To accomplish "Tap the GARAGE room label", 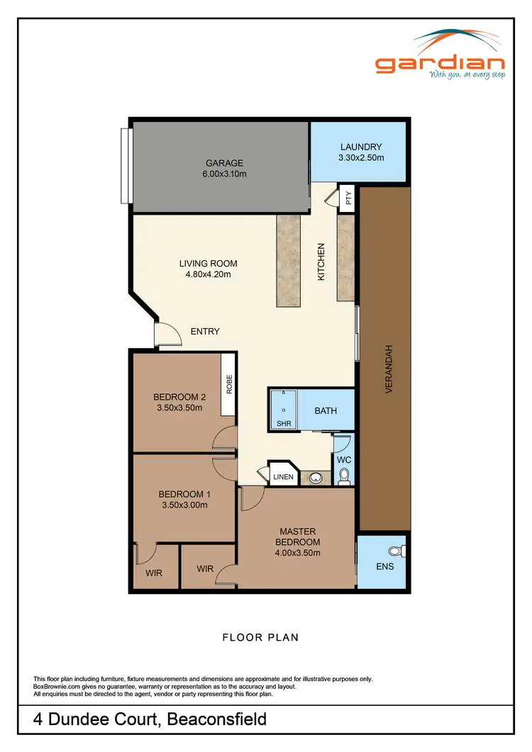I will pos(224,163).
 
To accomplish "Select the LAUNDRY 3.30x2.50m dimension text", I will pos(361,157).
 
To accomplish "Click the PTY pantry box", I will pos(348,198).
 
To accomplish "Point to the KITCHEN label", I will pos(321,262).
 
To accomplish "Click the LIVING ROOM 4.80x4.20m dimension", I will pos(208,274).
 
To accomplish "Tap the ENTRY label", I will pos(205,331).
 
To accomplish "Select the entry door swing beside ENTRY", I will pos(167,333).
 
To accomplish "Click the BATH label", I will pos(326,410).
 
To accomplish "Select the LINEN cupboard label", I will pos(283,477).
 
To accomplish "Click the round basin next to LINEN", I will pos(316,478).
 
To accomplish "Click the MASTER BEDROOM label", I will pos(297,537).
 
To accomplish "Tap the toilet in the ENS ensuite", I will pos(399,549).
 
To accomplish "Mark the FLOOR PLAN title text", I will pos(260,637).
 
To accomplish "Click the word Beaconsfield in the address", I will pos(216,720).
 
